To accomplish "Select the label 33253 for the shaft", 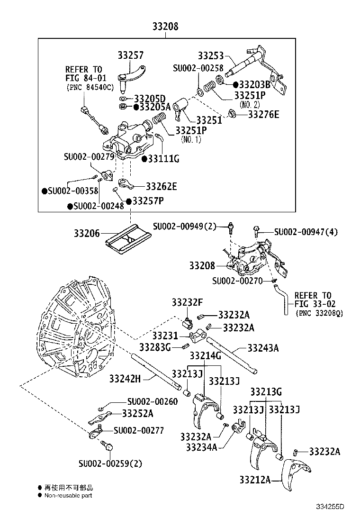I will (211, 55).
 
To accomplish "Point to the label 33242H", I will (126, 378).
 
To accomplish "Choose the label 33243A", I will (263, 348).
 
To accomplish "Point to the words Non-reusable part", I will (68, 495).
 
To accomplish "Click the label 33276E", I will (264, 114).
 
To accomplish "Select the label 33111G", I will (163, 158).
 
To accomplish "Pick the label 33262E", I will (161, 186).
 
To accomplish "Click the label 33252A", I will (137, 413).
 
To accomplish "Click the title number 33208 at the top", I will (165, 27).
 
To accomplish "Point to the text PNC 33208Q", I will (319, 313).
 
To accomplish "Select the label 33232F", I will (187, 302).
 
